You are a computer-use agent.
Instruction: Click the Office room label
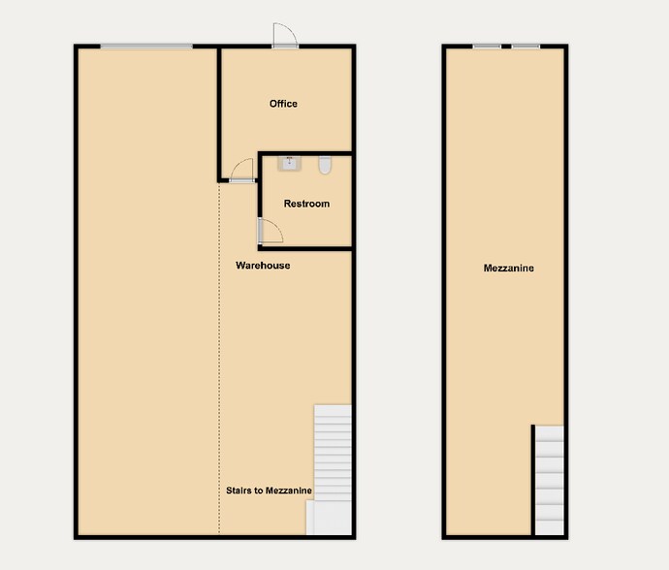pos(283,104)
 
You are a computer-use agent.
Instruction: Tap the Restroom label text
pos(306,204)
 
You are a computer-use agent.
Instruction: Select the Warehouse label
pos(263,266)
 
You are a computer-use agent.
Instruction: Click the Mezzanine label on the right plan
pos(509,268)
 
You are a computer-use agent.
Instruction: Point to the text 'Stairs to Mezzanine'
pos(269,491)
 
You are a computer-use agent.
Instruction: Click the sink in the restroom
pos(290,164)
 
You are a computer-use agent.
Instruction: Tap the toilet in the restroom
pos(325,165)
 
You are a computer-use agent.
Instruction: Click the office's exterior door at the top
pos(285,36)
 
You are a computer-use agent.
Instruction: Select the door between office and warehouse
pos(242,171)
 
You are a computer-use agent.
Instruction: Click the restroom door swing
pos(271,231)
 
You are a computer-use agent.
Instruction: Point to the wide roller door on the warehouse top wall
pos(146,47)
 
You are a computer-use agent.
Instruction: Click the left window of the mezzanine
pos(487,47)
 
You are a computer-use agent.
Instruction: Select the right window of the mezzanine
pos(526,47)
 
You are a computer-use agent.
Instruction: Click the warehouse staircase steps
pos(333,453)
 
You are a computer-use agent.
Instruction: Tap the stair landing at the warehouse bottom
pos(329,518)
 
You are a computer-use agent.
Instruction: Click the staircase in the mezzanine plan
pos(550,480)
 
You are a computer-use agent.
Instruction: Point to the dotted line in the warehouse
pos(219,359)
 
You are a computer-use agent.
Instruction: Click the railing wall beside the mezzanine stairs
pos(533,480)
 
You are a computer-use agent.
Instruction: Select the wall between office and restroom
pos(305,153)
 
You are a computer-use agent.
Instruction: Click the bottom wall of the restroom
pos(305,248)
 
